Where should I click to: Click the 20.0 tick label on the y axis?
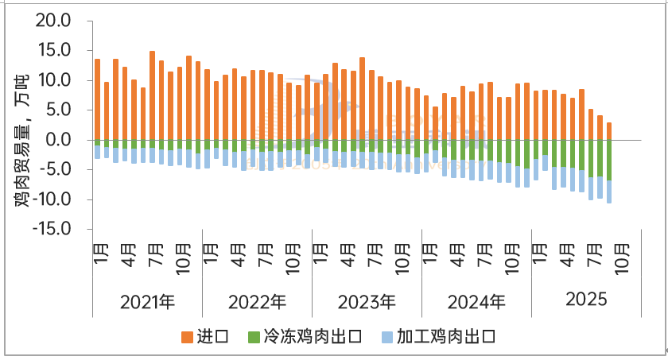[53, 21]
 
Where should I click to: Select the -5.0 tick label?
[53, 169]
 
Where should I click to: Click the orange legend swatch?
[188, 337]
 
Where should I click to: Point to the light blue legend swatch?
[387, 337]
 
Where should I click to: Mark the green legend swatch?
[254, 337]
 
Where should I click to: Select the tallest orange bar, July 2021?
[152, 95]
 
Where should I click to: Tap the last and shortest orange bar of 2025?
[609, 131]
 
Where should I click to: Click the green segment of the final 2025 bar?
[609, 160]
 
